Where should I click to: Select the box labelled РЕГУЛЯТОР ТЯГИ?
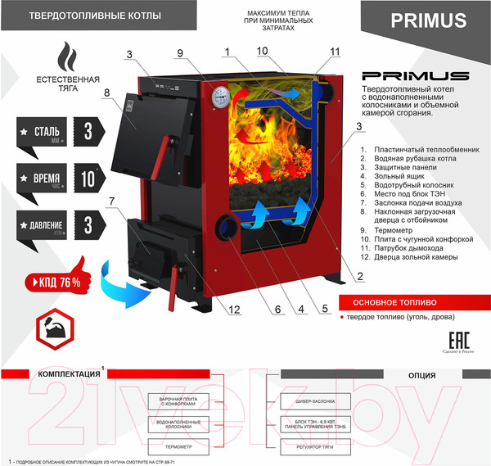pyautogui.click(x=316, y=447)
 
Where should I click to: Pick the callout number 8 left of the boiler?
pyautogui.click(x=106, y=93)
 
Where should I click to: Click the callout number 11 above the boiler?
pyautogui.click(x=335, y=52)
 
